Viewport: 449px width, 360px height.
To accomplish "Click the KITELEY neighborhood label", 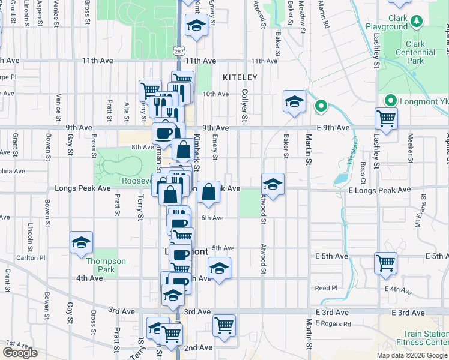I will click(240, 77).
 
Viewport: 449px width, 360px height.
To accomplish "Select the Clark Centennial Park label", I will click(407, 53).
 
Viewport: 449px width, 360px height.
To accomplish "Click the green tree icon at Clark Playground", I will click(416, 22).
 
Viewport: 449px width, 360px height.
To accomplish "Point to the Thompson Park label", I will click(106, 265).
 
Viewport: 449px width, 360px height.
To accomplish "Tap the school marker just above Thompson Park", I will click(81, 243).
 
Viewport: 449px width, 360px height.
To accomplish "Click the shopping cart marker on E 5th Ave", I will click(385, 263).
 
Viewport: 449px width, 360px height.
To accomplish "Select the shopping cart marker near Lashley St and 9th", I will click(386, 118).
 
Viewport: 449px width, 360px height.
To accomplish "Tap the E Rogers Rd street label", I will click(333, 324).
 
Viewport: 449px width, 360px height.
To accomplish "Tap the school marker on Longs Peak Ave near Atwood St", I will click(273, 183).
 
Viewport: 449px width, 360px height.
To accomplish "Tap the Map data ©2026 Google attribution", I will click(411, 355).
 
